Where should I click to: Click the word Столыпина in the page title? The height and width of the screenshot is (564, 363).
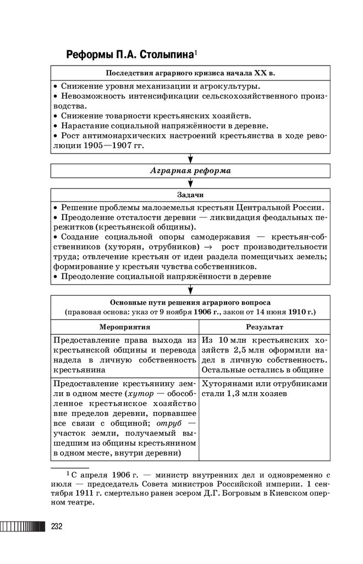[x=163, y=55]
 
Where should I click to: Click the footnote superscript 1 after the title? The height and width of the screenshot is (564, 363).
[x=195, y=52]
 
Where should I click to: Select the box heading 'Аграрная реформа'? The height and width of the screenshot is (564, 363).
[x=190, y=171]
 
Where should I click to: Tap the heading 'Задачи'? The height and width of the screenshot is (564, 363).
[x=190, y=195]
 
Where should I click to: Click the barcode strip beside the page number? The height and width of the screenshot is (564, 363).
[x=23, y=527]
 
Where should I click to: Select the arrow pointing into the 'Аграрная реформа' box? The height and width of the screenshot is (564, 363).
[x=190, y=159]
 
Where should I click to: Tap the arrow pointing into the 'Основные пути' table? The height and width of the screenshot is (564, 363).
[x=190, y=290]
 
